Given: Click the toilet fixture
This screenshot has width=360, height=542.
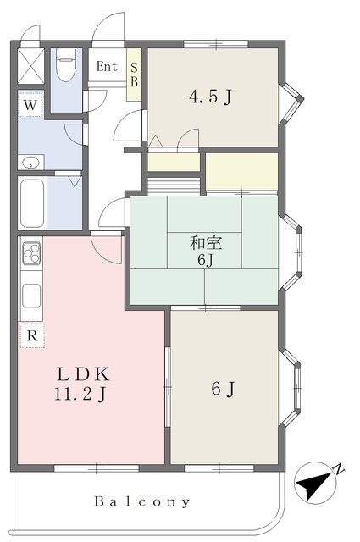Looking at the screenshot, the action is (66, 64).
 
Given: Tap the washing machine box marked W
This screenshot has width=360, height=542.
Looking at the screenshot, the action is (30, 104).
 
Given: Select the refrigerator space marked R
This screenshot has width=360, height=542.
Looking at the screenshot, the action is (32, 335).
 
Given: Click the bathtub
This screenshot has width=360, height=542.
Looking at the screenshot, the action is (32, 202).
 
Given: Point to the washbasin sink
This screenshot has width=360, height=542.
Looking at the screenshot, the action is (30, 162).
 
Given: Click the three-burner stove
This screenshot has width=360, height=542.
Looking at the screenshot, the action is (31, 253).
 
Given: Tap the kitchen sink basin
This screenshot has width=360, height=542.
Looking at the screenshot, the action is (31, 296).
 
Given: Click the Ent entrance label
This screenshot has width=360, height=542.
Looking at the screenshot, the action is (107, 66).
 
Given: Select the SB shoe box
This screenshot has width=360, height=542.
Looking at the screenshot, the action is (134, 75).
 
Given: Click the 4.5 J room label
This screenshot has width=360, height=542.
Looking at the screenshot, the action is (210, 97).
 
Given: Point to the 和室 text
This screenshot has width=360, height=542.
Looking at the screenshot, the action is (206, 243).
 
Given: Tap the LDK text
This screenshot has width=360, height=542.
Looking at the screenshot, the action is (83, 374).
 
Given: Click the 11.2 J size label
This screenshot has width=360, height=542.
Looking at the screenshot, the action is (80, 394).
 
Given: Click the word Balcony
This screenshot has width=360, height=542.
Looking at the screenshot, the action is (142, 501).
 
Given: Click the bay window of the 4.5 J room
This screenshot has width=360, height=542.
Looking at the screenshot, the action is (292, 102).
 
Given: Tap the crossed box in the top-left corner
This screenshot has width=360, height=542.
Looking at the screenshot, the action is (30, 66).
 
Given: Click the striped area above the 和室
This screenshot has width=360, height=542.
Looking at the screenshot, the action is (174, 186).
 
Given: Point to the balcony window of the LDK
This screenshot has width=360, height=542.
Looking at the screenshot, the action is (97, 468).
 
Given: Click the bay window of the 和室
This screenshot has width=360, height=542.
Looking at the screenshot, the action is (291, 253).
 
